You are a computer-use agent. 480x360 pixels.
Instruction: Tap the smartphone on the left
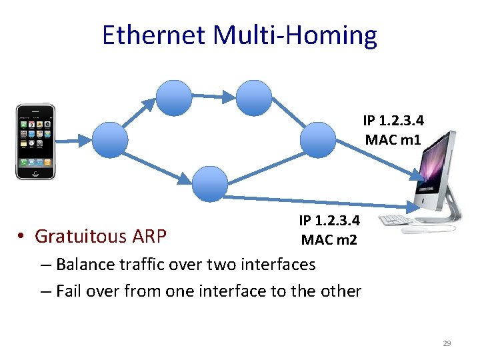[35, 141]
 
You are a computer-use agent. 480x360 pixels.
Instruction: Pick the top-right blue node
[253, 98]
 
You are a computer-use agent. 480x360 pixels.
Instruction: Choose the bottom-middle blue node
[210, 183]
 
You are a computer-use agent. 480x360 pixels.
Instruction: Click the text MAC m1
[393, 140]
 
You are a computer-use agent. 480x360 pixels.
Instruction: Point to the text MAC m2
[329, 239]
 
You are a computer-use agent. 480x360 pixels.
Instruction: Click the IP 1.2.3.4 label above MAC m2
[329, 221]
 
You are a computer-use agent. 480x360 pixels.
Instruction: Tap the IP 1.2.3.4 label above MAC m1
[393, 121]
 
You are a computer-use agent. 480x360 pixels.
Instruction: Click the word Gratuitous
[81, 236]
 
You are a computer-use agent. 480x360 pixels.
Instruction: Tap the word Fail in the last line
[69, 291]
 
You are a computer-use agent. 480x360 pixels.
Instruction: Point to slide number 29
[447, 343]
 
